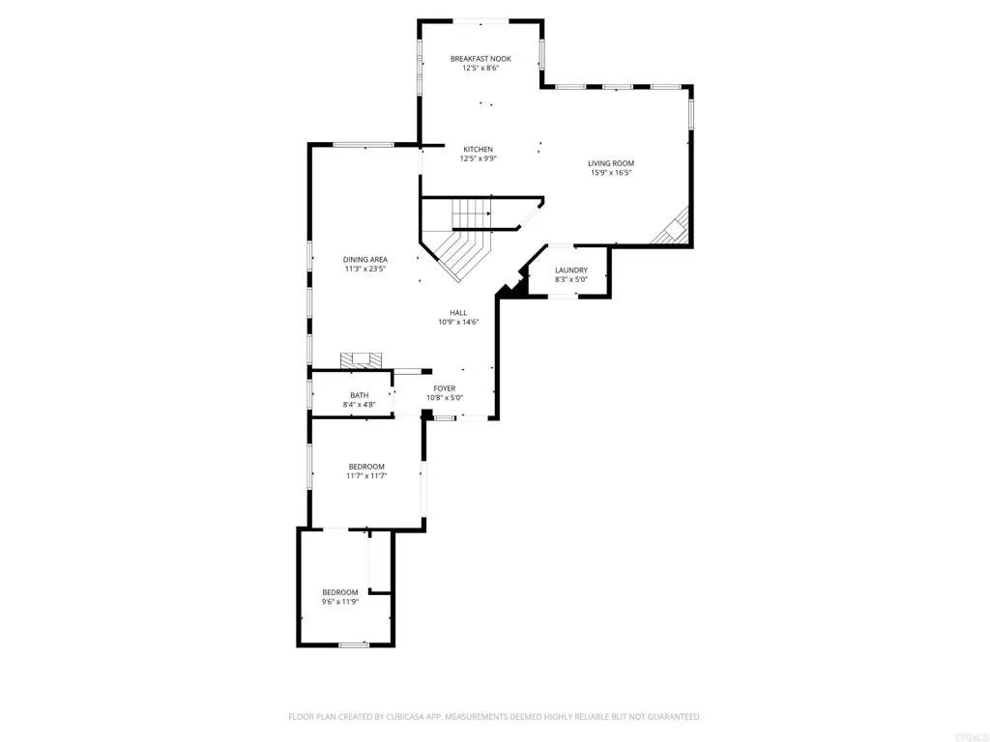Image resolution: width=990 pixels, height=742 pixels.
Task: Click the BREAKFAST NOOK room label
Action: (480, 59)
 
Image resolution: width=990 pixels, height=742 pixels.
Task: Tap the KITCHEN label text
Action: (478, 150)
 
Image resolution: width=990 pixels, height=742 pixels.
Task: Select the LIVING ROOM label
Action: (611, 163)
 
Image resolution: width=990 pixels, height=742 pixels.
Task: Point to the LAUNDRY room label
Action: (571, 271)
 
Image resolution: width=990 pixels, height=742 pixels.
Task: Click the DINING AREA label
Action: (365, 260)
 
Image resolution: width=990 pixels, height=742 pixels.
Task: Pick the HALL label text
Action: (458, 313)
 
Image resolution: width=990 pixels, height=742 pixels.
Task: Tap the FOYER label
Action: (445, 388)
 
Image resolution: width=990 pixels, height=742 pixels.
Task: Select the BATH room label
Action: (359, 395)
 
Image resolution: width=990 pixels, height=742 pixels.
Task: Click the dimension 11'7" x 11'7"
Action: (366, 475)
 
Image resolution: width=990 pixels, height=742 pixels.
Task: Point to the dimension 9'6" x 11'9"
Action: (340, 601)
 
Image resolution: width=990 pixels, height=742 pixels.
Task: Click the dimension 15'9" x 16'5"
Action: (611, 174)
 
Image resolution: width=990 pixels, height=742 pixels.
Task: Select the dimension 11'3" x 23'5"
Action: (365, 270)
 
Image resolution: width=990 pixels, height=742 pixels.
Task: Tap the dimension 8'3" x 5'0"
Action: (571, 280)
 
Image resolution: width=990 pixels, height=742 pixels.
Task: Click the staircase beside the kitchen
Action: (464, 237)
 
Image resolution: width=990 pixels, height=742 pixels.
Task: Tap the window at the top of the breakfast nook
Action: (480, 19)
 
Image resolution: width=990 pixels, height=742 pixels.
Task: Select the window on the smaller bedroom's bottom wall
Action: (353, 644)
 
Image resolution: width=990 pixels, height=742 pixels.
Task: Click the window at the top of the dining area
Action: (364, 145)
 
